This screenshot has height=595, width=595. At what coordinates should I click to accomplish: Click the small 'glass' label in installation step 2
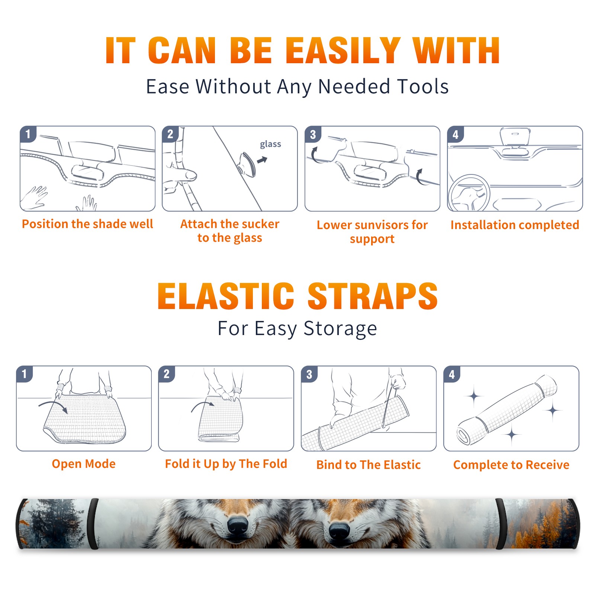pyautogui.click(x=270, y=144)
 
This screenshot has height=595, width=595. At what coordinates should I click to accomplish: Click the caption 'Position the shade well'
pyautogui.click(x=87, y=224)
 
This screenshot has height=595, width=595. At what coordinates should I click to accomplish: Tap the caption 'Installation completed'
pyautogui.click(x=515, y=225)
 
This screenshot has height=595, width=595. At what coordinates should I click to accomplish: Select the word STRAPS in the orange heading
pyautogui.click(x=373, y=296)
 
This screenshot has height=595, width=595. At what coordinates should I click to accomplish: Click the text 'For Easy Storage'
pyautogui.click(x=297, y=329)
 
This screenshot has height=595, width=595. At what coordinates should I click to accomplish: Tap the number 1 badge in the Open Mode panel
pyautogui.click(x=25, y=374)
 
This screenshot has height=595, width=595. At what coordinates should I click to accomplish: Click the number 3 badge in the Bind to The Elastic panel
pyautogui.click(x=309, y=374)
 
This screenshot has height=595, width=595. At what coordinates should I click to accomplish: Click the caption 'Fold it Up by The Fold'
pyautogui.click(x=226, y=464)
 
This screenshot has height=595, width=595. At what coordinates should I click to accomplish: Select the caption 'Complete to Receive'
pyautogui.click(x=511, y=465)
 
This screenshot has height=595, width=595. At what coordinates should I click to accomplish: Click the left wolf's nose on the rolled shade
pyautogui.click(x=238, y=524)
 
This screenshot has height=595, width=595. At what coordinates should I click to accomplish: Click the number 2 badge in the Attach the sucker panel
pyautogui.click(x=170, y=134)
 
